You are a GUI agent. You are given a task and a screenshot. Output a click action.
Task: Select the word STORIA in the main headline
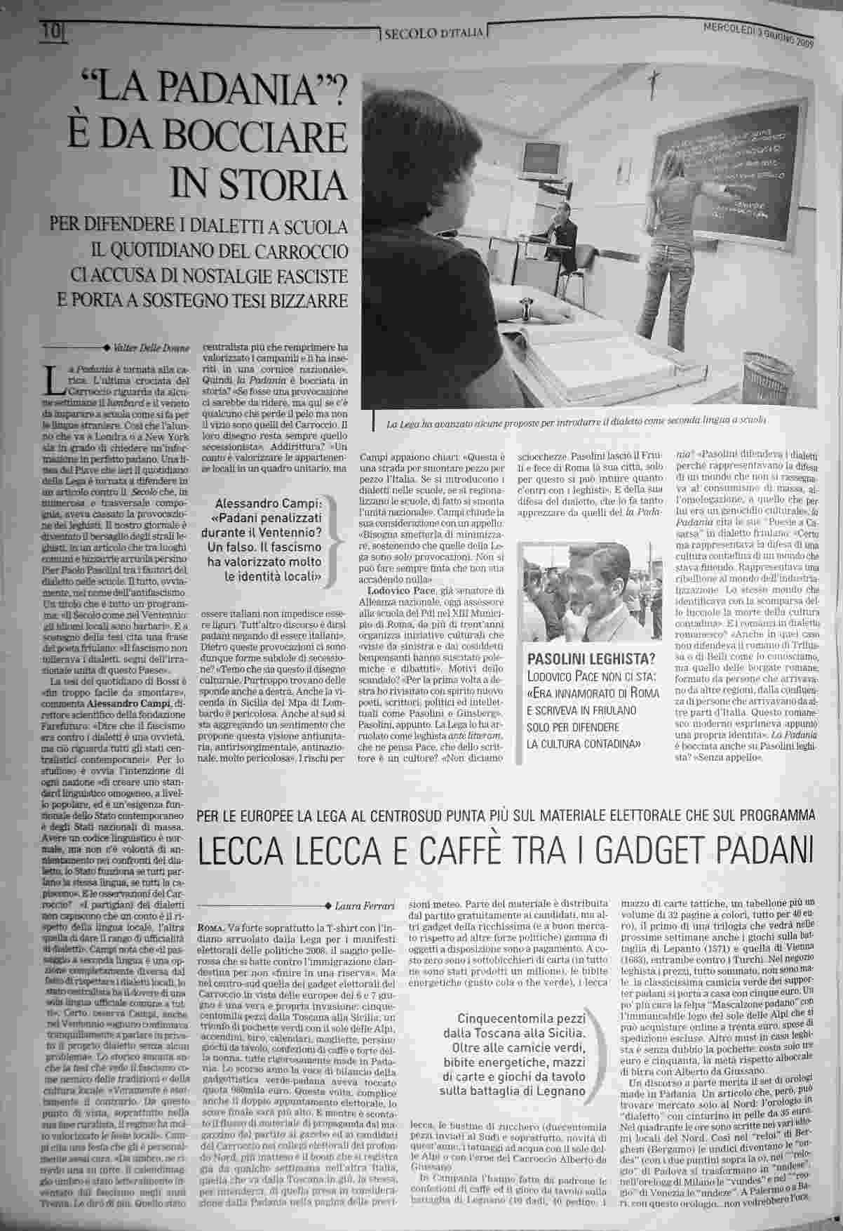260,183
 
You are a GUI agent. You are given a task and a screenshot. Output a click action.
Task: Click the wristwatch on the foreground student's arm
525,307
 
